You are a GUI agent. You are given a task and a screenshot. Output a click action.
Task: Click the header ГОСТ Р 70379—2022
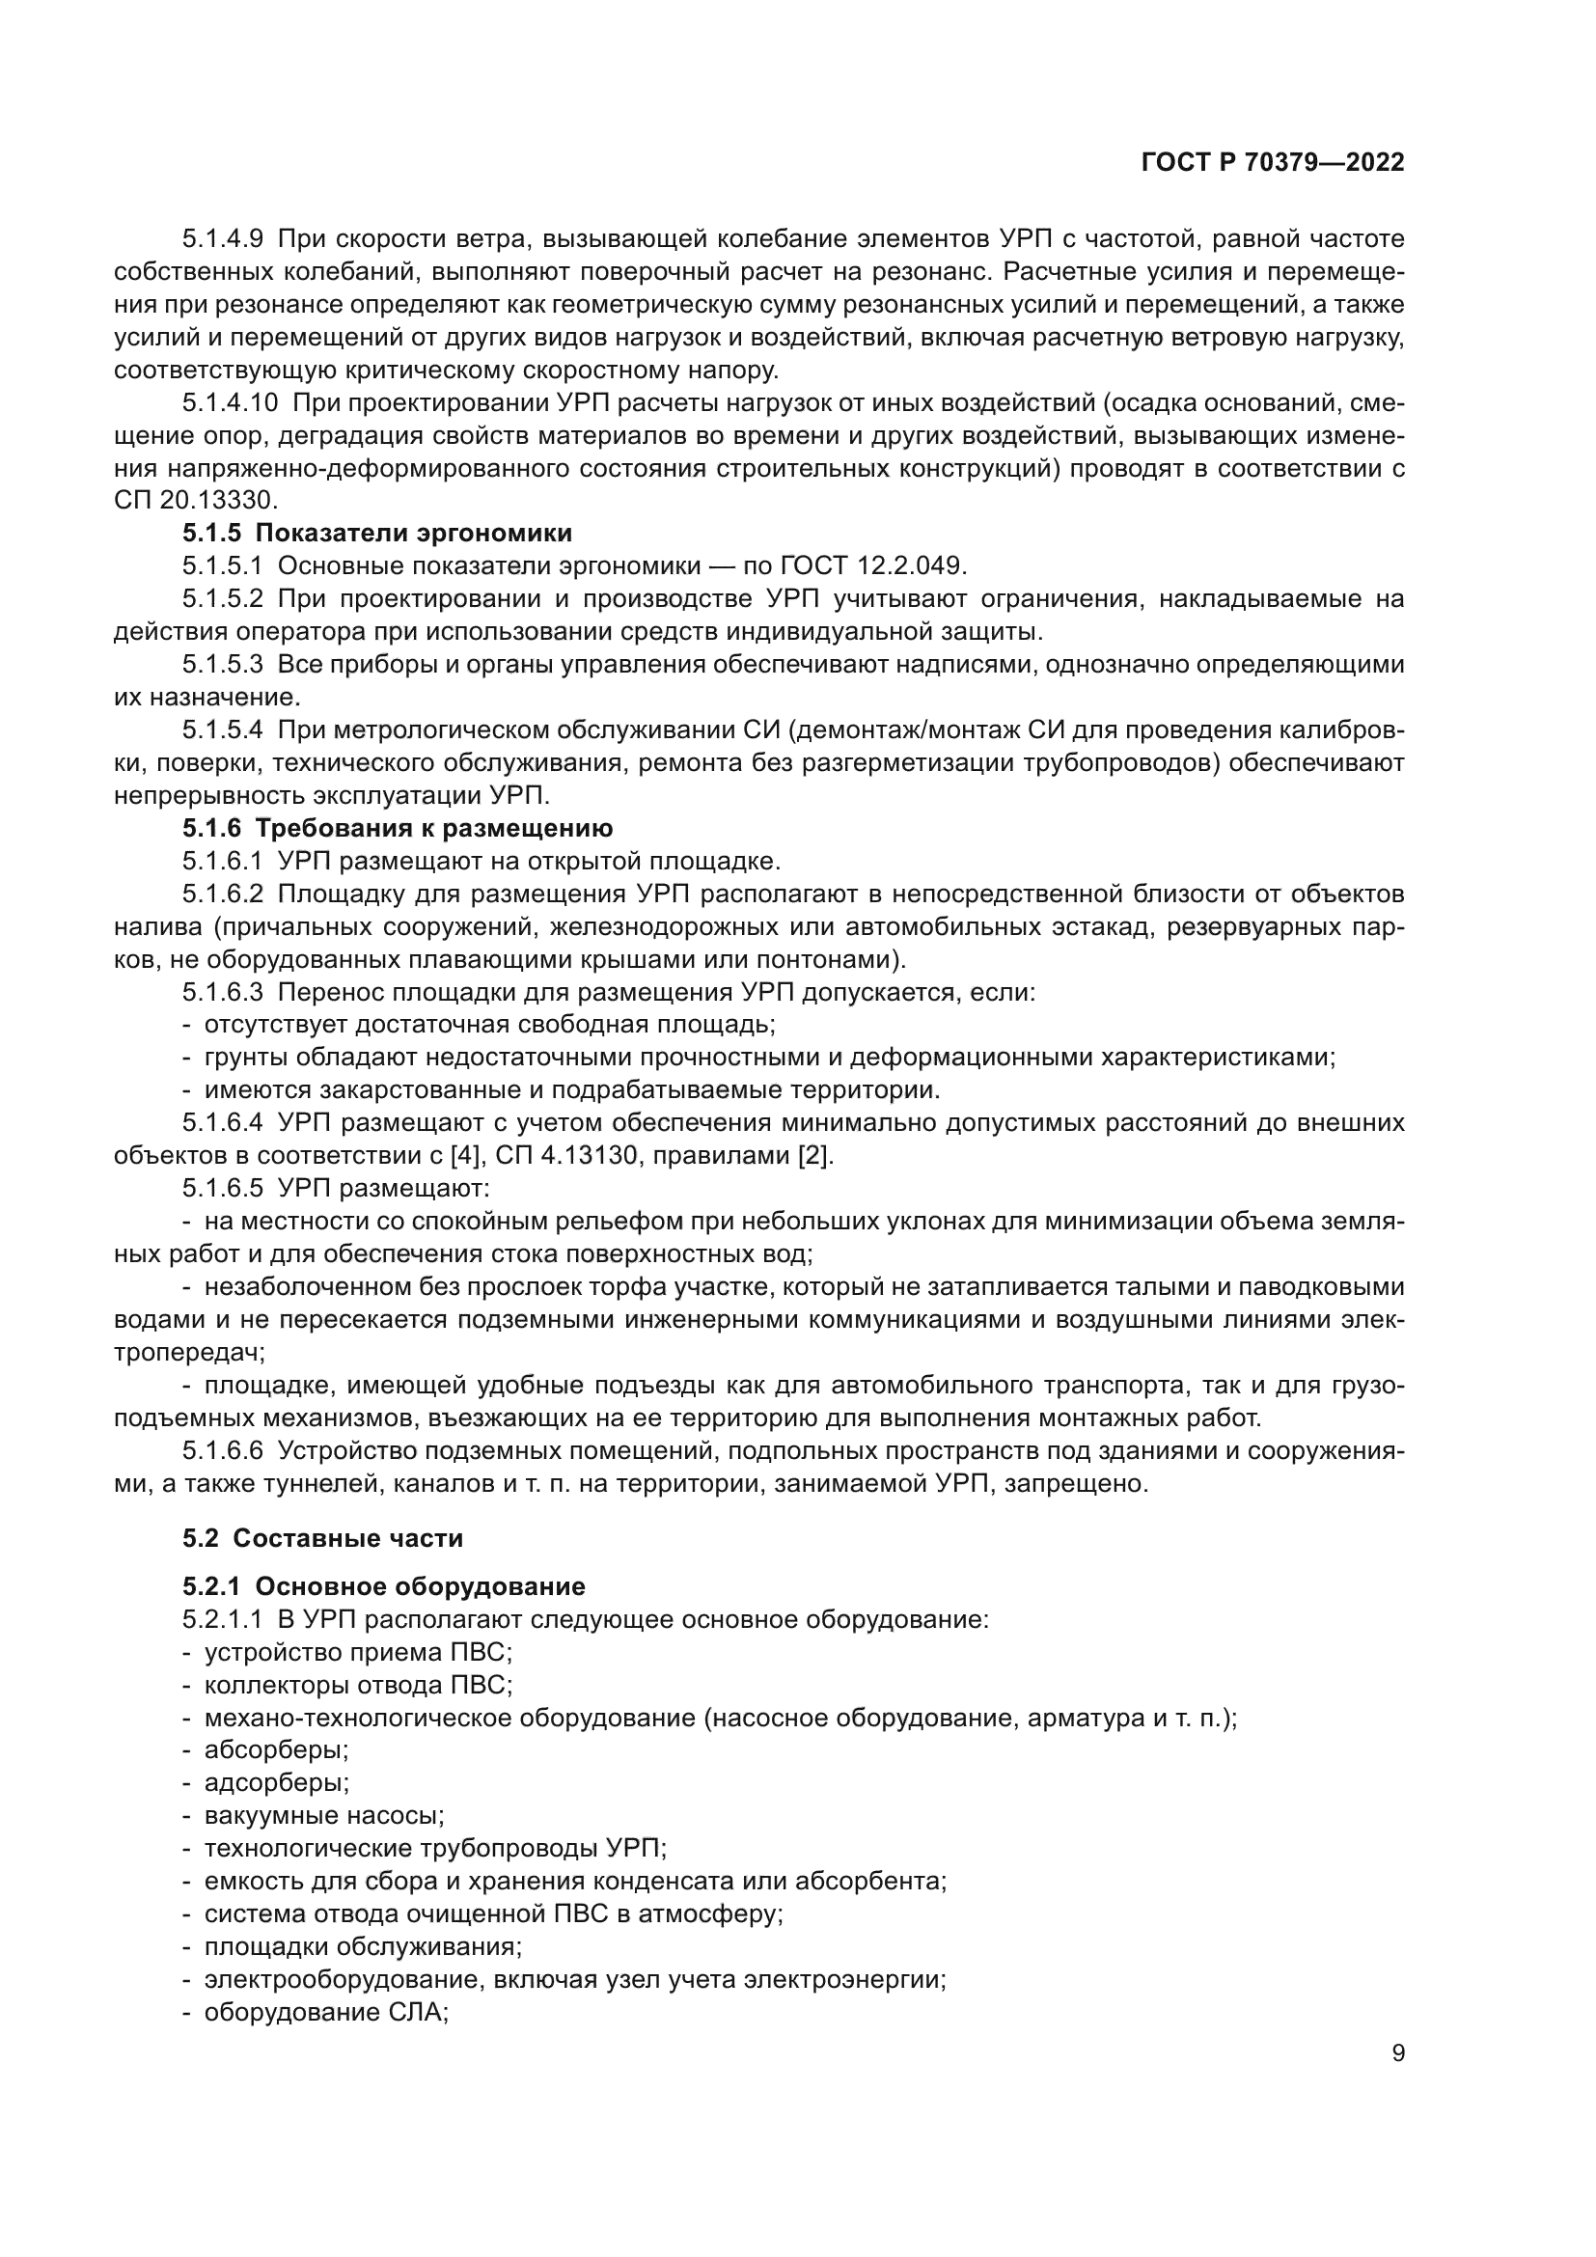[x=1273, y=163]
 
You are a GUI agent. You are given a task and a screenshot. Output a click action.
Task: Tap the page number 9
[x=1397, y=2052]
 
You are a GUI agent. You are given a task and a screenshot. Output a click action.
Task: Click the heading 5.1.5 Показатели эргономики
[x=376, y=533]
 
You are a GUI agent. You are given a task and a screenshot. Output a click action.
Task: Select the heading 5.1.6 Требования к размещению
[x=397, y=828]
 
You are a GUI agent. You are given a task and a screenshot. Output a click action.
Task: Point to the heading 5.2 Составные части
[x=322, y=1537]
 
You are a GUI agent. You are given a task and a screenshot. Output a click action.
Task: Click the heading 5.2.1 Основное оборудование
[x=383, y=1586]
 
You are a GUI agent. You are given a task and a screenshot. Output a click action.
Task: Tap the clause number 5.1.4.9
[x=222, y=239]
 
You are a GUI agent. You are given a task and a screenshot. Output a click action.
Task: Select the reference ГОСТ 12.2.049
[x=872, y=566]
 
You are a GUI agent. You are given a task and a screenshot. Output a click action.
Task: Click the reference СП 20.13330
[x=196, y=501]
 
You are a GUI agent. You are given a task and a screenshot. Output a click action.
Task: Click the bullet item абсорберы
[x=276, y=1749]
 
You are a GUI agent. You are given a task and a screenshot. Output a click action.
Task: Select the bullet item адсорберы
[x=276, y=1782]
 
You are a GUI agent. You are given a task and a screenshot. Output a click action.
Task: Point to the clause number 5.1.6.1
[x=222, y=861]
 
